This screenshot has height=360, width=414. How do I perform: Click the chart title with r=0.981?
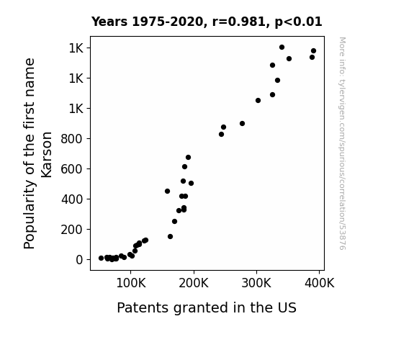[207, 22]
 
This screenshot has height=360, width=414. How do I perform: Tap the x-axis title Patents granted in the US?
[207, 307]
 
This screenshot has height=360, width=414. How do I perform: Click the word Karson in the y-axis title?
[47, 155]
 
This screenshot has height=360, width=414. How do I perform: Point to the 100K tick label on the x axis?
[131, 284]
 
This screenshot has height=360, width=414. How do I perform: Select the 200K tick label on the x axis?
[194, 284]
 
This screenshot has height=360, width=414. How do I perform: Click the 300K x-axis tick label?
[256, 284]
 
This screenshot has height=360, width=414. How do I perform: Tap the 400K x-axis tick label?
[320, 284]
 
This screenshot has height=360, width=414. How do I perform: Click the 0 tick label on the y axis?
[79, 260]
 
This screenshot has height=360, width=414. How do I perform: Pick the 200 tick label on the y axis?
[72, 230]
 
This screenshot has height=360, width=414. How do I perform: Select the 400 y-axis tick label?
[72, 199]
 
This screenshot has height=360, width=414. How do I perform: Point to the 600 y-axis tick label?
[72, 169]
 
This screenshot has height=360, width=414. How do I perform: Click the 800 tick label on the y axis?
[72, 139]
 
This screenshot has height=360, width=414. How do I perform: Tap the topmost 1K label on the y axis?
[76, 48]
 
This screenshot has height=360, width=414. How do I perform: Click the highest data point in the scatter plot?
[282, 48]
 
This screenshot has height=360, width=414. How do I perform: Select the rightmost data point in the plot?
[313, 51]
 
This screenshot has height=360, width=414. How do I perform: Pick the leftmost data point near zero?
[101, 258]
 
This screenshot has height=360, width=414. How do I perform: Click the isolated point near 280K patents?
[242, 123]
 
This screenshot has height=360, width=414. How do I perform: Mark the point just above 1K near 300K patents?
[258, 100]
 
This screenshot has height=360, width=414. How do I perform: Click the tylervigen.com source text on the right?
[342, 143]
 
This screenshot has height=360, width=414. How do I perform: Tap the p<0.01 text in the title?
[298, 22]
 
